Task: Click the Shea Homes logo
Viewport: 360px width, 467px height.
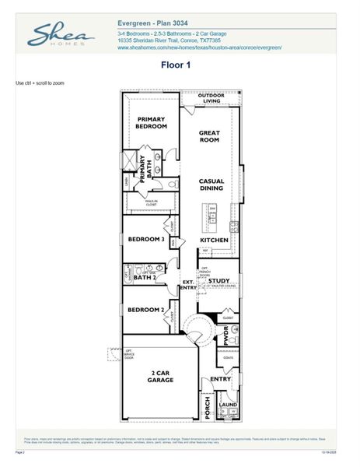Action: [x=61, y=34]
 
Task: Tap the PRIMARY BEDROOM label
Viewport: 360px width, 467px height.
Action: [x=152, y=123]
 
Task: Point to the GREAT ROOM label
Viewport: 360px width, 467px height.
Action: [x=211, y=137]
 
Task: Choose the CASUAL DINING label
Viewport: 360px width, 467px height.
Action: [x=211, y=184]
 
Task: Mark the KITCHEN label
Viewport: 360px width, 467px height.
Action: [x=214, y=241]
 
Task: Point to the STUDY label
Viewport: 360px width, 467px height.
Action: [x=218, y=281]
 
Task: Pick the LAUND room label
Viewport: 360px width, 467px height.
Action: [x=228, y=405]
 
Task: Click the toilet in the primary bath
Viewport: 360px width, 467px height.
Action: [x=171, y=185]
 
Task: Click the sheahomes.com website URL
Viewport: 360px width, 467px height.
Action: [x=199, y=47]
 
